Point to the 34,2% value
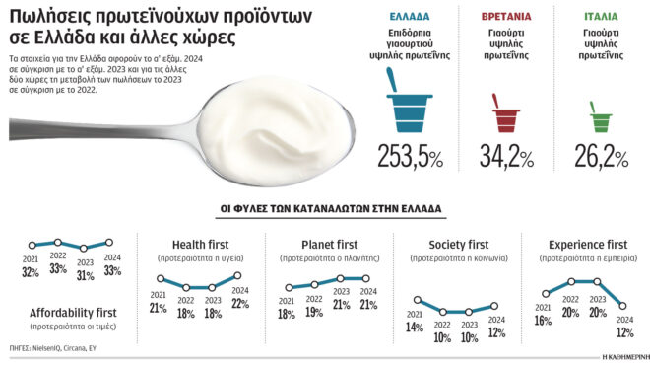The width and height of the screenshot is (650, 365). tap(506, 156)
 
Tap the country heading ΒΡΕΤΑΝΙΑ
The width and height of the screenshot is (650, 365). tap(506, 18)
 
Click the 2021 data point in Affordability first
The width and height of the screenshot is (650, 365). tap(32, 244)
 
